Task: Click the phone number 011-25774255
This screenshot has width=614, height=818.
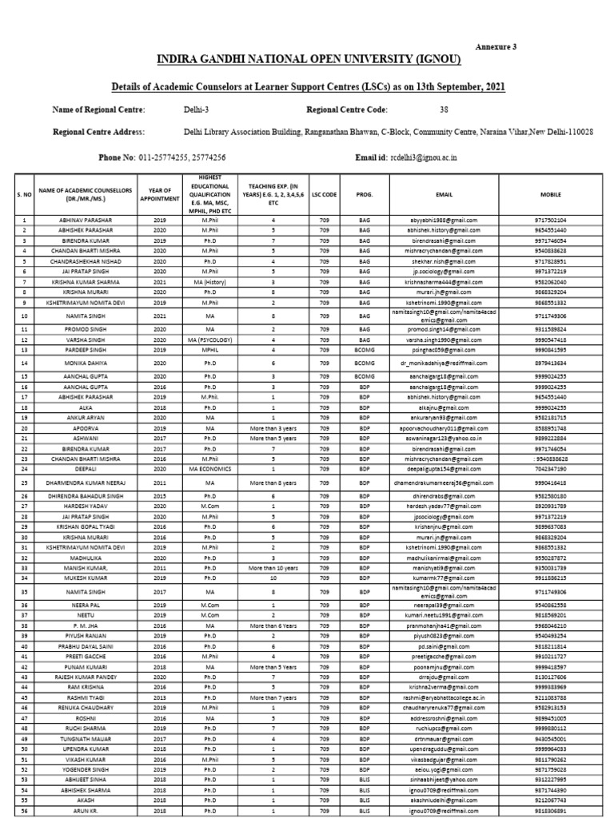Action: click(x=164, y=157)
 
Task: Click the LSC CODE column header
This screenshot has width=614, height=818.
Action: click(x=325, y=193)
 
